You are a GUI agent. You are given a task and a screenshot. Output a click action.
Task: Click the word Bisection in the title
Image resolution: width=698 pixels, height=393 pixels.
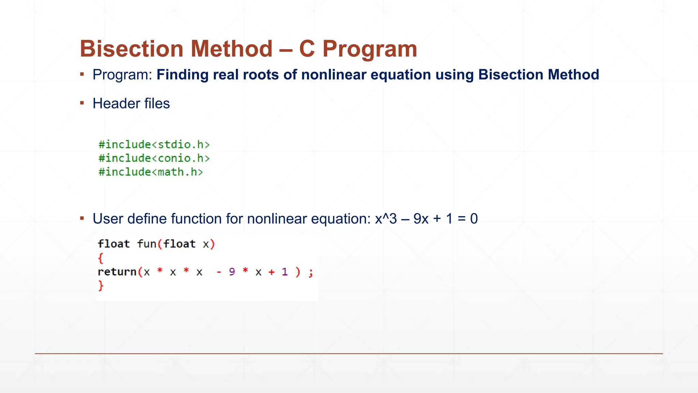132,49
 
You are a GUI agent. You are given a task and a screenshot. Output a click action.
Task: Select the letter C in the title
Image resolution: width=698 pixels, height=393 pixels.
306,49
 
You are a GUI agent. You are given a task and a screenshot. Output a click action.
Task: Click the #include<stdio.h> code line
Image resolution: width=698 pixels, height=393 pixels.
154,145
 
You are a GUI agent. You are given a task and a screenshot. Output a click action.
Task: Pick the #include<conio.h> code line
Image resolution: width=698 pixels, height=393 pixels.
154,158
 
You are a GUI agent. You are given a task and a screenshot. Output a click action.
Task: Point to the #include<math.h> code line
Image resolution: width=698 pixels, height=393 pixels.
151,172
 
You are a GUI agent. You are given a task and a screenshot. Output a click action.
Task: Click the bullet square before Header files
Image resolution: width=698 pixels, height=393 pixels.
82,103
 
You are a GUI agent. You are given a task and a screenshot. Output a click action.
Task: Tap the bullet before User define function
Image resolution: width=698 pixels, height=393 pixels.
82,218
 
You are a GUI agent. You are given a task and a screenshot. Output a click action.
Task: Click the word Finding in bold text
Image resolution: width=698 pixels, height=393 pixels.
182,75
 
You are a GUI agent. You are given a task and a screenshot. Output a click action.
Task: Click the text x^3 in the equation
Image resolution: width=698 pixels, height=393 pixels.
386,219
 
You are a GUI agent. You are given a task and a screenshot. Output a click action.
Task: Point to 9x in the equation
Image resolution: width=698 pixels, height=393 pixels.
421,219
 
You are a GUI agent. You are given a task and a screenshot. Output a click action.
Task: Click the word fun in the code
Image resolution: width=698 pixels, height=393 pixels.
147,244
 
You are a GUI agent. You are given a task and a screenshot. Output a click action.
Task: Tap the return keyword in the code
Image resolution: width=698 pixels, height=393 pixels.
117,272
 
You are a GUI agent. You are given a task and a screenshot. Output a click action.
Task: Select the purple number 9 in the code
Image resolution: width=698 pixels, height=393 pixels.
232,272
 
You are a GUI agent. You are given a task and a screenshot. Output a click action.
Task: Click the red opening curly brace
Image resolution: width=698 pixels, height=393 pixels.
101,258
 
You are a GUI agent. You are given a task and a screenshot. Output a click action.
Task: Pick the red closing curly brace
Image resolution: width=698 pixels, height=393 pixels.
101,285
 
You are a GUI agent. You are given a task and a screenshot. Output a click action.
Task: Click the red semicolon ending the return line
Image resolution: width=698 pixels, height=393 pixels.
310,273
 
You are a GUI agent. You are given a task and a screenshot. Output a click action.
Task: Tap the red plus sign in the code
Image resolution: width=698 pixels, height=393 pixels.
271,272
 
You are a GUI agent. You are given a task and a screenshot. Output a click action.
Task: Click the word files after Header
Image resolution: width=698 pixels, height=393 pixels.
157,103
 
